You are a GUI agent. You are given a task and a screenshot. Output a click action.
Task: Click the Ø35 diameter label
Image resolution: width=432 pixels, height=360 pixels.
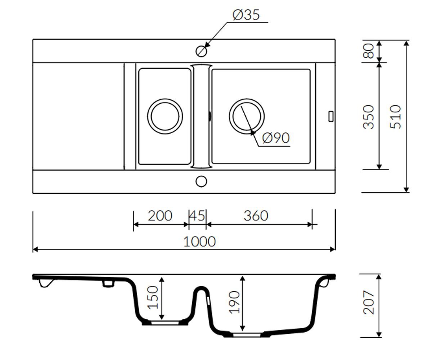246,15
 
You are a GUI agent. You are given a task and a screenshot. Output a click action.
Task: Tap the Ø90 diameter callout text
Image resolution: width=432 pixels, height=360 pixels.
276,138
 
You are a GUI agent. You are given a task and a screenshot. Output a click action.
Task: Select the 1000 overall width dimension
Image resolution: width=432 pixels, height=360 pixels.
199,242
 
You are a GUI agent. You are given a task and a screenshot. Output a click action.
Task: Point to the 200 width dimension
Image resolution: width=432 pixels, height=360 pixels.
160,216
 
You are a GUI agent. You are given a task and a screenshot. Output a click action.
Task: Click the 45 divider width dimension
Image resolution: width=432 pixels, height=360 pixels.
197,216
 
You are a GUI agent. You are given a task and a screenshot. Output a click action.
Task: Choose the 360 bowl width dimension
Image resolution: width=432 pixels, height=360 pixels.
256,216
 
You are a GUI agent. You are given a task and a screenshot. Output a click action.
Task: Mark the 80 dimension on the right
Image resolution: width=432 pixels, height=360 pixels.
369,51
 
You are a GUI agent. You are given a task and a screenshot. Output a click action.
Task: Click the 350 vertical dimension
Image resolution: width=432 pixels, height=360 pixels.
369,117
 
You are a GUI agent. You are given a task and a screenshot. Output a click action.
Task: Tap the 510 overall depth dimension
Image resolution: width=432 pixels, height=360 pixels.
395,117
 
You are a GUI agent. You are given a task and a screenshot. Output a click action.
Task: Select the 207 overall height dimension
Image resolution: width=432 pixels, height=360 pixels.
369,302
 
